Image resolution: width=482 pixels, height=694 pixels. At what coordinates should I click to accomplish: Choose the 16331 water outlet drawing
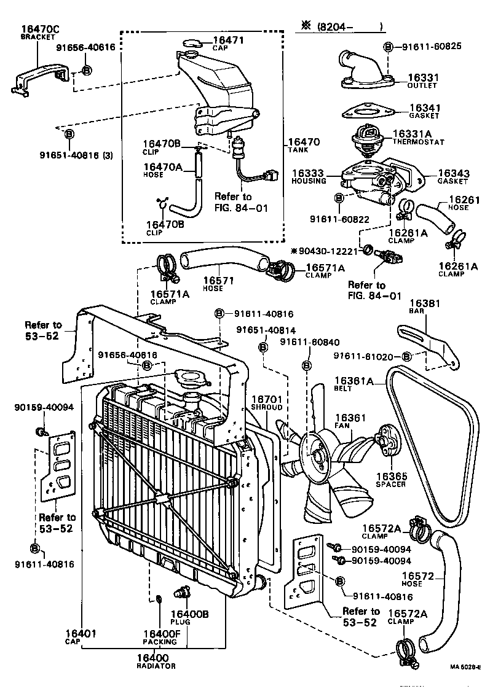click(363, 71)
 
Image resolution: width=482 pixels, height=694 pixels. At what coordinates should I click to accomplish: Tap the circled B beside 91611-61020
click(406, 356)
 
